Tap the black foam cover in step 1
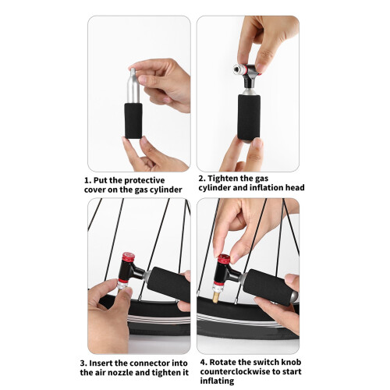(133, 121)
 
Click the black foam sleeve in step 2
(249, 118)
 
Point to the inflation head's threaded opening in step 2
(236, 69)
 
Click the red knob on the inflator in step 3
(128, 257)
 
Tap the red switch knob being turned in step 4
(224, 259)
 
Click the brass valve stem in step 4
(216, 297)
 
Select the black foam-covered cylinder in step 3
(168, 284)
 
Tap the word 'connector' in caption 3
(149, 363)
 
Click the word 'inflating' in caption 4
(217, 381)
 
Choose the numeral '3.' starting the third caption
(83, 363)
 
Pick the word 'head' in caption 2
(295, 188)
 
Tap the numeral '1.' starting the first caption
(87, 180)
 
